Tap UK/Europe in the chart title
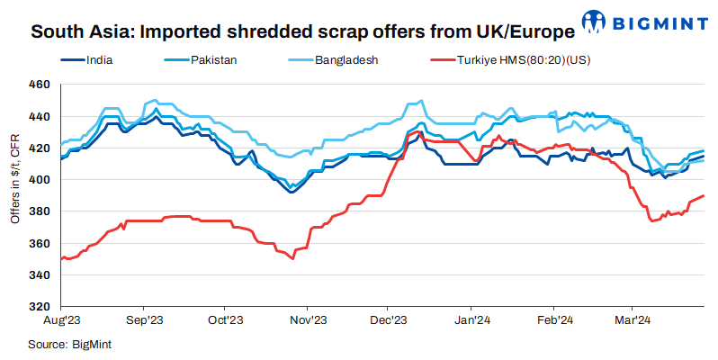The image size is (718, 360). pos(522,33)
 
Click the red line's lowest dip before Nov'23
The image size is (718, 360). pos(292,258)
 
